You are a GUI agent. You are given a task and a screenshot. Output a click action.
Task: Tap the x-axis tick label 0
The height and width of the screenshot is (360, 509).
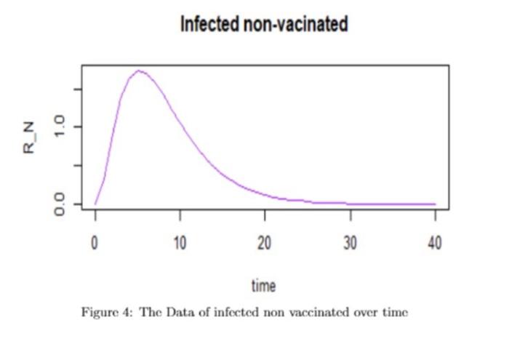pos(95,242)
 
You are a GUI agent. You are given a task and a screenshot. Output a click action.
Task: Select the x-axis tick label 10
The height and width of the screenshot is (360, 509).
pos(180,242)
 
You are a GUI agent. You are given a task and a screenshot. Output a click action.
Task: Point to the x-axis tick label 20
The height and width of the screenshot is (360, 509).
pos(265,242)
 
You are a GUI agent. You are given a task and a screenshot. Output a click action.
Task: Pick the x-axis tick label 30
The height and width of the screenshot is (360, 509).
pos(350,242)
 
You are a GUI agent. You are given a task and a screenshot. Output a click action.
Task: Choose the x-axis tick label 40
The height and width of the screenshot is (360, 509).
pos(435,242)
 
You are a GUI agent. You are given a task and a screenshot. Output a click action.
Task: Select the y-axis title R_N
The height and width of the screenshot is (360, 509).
pos(30,137)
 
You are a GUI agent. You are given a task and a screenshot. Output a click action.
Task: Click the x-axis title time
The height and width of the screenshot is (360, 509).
pos(263,285)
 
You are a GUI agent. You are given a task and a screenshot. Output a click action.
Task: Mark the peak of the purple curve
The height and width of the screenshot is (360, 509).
pos(138,71)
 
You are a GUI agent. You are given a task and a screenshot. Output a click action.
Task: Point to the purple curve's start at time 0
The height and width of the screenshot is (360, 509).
pos(95,204)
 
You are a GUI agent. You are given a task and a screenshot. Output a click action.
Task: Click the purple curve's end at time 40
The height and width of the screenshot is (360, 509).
pos(435,204)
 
